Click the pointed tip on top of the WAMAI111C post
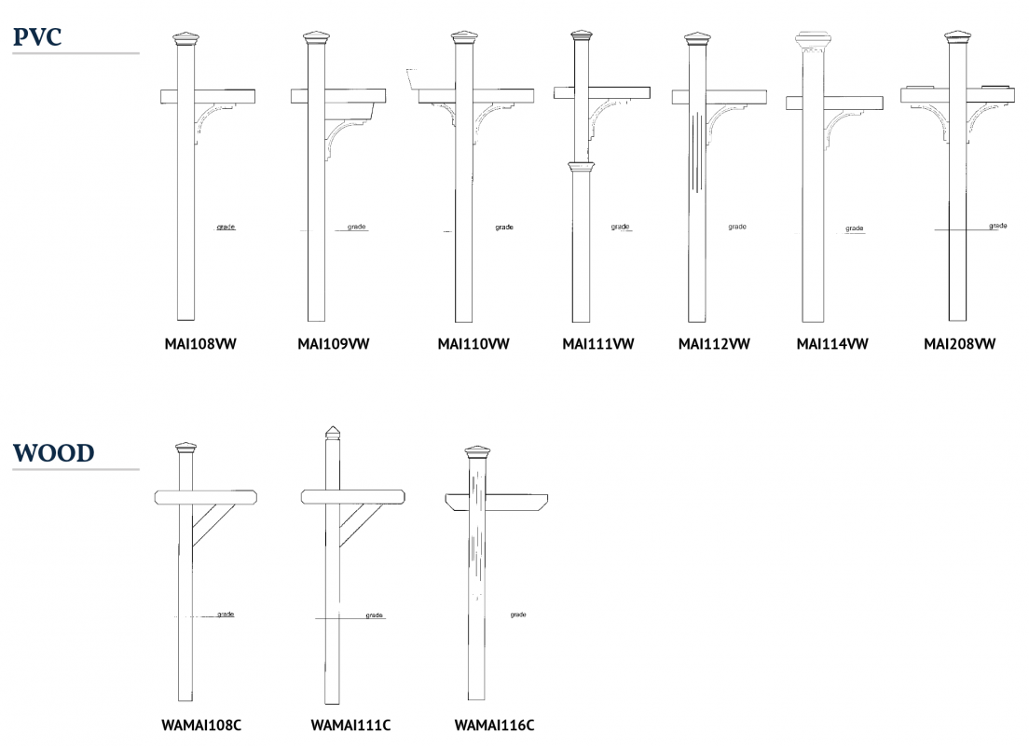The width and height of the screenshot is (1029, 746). (334, 426)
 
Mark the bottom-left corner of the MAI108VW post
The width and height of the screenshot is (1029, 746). (178, 320)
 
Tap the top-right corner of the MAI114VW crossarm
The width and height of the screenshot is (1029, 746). (883, 97)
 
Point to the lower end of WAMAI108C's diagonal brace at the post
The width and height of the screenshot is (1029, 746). (193, 546)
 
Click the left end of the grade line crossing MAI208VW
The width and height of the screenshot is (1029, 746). (935, 229)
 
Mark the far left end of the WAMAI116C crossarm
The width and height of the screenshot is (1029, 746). (445, 496)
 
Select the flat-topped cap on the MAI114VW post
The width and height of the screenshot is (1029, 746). (813, 39)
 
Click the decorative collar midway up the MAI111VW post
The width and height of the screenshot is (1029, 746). (581, 167)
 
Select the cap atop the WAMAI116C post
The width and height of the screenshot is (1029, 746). (477, 452)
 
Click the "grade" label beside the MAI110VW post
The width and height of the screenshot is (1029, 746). (504, 228)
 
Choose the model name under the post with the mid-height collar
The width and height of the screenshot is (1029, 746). (597, 344)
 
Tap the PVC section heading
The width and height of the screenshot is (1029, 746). (37, 36)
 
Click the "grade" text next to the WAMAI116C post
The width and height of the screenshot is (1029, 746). (518, 615)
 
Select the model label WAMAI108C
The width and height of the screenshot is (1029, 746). (201, 725)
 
